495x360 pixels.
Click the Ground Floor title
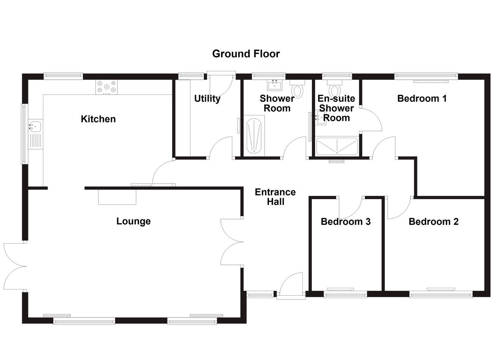point(246,54)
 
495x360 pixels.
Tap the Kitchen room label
point(98,119)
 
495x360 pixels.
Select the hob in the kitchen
point(107,87)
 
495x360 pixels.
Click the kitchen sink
point(35,125)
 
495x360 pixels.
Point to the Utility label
point(207,99)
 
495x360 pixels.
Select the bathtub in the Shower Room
point(253,136)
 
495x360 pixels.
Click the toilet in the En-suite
point(335,89)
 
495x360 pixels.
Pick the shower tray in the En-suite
point(337,146)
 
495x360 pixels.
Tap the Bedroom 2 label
point(434,222)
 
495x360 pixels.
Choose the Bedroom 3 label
point(346,222)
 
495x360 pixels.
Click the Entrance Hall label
point(275,197)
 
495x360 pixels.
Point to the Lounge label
point(133,221)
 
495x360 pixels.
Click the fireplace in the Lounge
point(117,197)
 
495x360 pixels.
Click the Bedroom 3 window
point(345,294)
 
